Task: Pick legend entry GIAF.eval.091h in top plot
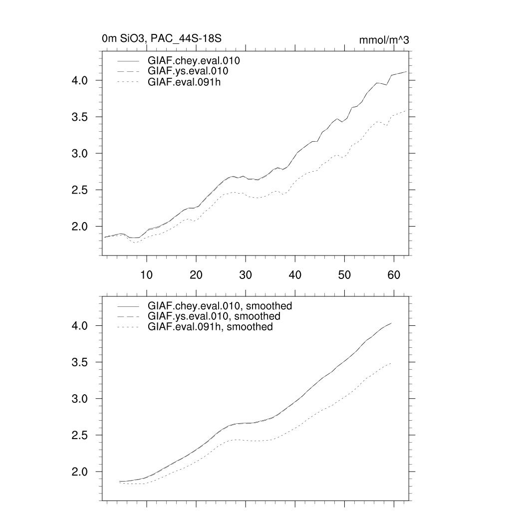(x=184, y=82)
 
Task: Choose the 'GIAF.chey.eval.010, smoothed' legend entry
(x=220, y=305)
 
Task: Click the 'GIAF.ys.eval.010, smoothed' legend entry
(x=214, y=316)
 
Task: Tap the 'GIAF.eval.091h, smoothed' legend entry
(x=210, y=327)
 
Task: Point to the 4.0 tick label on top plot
(x=81, y=80)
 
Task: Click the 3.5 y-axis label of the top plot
(x=81, y=117)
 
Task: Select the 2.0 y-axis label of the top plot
(x=81, y=227)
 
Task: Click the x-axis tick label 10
(x=146, y=275)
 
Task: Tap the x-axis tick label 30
(x=245, y=275)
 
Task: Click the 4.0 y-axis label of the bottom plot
(x=81, y=326)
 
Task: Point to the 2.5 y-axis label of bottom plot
(x=81, y=436)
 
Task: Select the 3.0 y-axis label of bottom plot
(x=81, y=399)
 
